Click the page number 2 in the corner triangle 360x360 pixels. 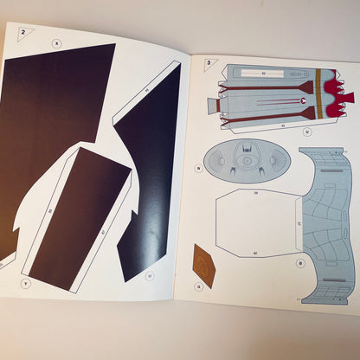pyautogui.click(x=24, y=32)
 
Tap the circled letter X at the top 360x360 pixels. pyautogui.click(x=57, y=42)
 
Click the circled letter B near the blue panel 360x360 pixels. pyautogui.click(x=299, y=261)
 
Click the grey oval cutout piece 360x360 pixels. pyautogui.click(x=247, y=163)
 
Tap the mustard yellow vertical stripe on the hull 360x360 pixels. pyautogui.click(x=319, y=93)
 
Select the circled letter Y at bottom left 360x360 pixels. pyautogui.click(x=25, y=282)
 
